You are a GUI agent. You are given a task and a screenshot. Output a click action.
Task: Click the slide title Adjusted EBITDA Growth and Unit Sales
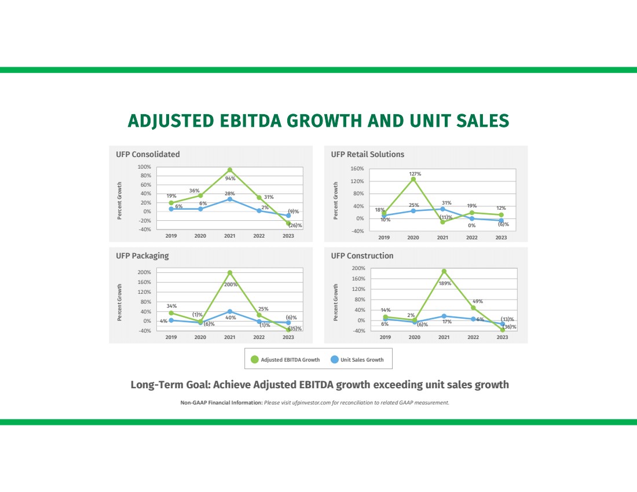318,121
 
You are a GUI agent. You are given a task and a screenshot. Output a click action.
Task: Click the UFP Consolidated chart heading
148,155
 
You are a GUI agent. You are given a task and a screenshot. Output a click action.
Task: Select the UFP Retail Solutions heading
367,155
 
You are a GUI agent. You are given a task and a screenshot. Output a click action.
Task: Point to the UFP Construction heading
362,256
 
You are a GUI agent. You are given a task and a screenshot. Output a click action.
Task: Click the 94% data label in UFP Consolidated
230,178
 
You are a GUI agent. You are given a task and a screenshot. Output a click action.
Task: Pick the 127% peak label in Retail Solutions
415,173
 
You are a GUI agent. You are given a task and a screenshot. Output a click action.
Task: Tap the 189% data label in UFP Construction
445,283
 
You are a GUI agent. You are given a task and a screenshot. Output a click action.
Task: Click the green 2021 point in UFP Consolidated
230,170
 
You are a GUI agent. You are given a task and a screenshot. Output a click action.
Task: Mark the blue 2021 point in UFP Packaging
230,312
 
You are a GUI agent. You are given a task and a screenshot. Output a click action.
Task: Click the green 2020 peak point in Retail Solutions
413,179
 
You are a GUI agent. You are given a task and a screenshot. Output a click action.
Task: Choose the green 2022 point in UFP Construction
473,308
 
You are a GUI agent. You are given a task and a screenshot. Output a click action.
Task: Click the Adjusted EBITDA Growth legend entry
285,360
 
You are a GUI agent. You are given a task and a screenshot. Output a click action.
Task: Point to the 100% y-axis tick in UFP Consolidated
144,167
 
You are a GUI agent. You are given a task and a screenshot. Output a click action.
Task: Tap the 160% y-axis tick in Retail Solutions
357,169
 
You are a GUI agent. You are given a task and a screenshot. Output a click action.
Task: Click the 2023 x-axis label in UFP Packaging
288,337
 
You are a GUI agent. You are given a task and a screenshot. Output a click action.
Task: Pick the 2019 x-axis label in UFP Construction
385,337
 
